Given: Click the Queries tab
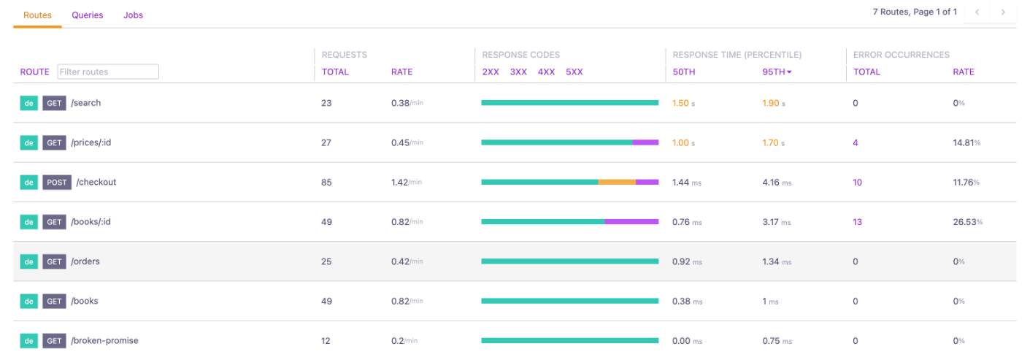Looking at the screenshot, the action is pos(88,15).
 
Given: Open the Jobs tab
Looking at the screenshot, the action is pos(133,15).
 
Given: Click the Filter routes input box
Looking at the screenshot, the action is pos(108,72).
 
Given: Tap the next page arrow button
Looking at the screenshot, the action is pos(1003,12).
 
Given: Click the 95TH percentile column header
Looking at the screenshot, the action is pos(777,72).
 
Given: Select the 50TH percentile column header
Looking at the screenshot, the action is pos(684,72).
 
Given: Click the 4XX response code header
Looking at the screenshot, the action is pos(546,72).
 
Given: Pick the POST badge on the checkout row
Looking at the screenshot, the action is pos(57,182).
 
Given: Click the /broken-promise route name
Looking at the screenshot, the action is pos(104,341).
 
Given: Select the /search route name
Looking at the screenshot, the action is pos(85,103).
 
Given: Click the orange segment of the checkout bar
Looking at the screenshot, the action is pos(617,182).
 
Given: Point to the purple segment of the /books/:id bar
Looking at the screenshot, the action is pos(631,221).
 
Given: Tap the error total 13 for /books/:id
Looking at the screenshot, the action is pos(857,222).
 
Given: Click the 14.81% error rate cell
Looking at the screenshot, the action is pos(966,142).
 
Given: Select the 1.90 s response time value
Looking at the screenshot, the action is pos(774,103).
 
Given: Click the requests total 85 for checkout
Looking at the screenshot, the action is pos(326,183).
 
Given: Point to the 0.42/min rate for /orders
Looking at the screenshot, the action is pos(407,261).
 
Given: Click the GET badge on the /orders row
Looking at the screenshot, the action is pos(54,261).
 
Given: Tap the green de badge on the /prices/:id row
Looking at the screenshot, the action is pos(29,142).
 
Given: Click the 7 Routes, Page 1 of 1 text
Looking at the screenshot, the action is pos(915,12).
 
